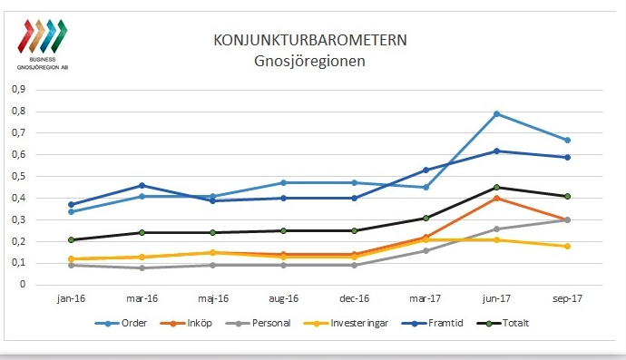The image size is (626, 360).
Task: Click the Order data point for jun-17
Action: [496, 113]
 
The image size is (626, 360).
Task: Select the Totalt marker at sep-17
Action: [567, 197]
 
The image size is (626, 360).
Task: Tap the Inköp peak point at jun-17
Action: [496, 198]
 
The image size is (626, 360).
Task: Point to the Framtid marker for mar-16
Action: [142, 185]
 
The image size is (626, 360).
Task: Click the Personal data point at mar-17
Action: [425, 250]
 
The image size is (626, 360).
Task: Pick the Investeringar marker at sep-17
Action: [567, 247]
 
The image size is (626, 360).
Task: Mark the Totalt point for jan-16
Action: [72, 240]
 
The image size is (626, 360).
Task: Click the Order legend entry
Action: [121, 323]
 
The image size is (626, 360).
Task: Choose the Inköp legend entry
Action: [186, 323]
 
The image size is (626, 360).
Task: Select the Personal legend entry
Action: [258, 323]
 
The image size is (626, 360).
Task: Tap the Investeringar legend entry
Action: [346, 323]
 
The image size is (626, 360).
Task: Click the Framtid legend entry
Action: [432, 323]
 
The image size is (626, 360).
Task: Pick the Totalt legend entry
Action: [503, 323]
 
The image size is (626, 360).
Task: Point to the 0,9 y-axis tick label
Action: [18, 89]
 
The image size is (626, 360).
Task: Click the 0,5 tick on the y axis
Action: [18, 176]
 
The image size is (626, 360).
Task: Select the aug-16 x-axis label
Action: [283, 298]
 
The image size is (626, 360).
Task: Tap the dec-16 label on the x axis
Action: [354, 298]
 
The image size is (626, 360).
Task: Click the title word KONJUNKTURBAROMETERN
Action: [310, 40]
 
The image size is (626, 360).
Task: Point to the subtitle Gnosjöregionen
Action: [309, 61]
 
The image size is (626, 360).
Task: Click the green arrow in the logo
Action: [60, 36]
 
